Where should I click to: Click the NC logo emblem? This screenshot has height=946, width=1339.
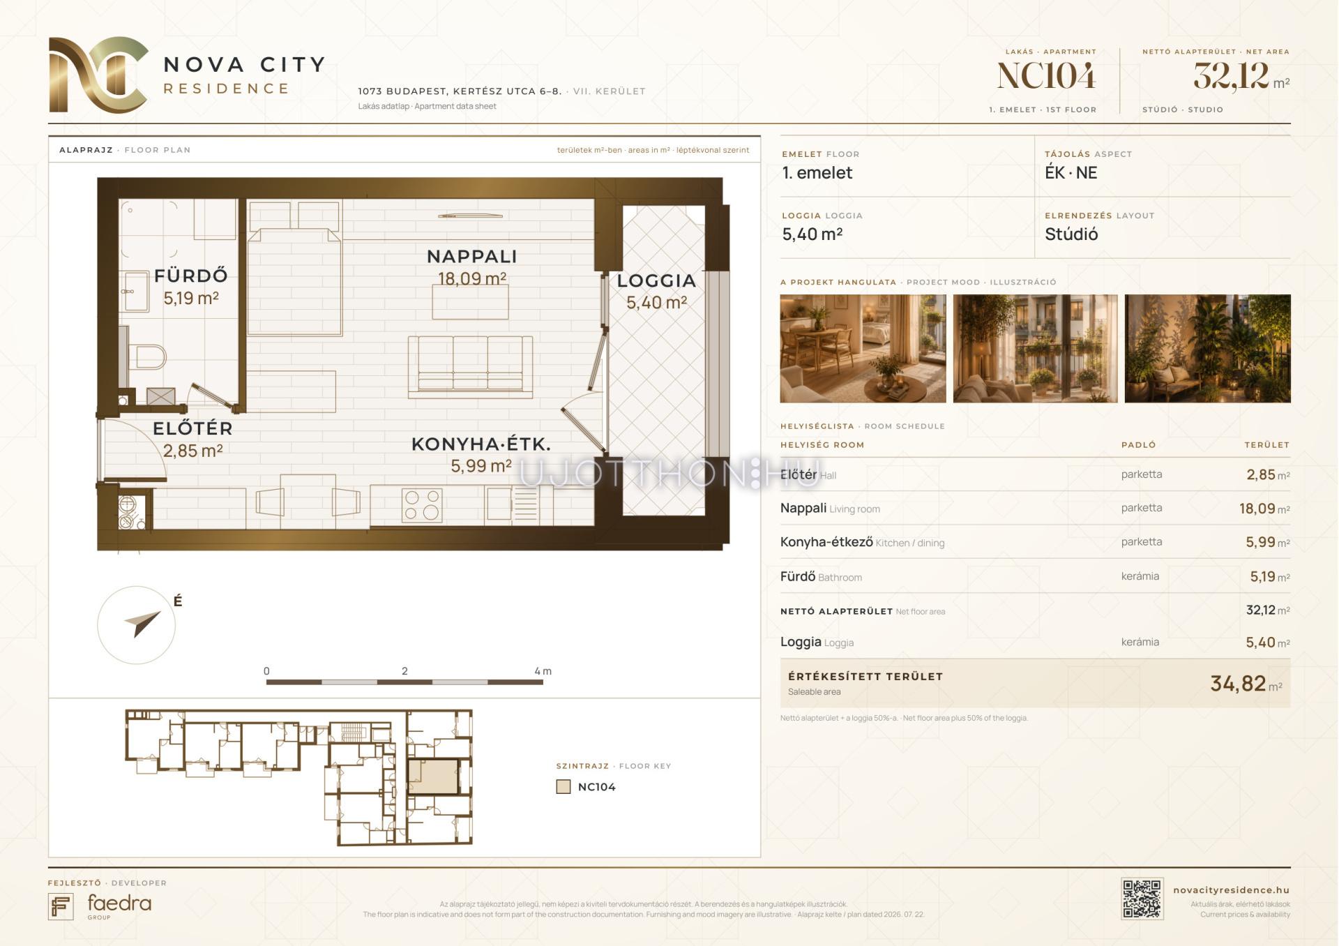tap(98, 75)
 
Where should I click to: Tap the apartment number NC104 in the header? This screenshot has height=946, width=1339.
tap(1046, 76)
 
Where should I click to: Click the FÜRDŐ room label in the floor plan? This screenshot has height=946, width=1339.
tap(191, 276)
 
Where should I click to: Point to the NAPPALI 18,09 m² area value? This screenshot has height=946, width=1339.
tap(472, 278)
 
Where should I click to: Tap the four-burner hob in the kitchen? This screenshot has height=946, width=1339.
tap(422, 506)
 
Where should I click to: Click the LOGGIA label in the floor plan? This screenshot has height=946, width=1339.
tap(656, 280)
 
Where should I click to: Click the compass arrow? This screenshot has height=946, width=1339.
tap(142, 622)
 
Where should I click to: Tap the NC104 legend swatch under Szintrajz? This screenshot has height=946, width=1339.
tap(563, 787)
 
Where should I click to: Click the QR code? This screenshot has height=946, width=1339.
tap(1142, 899)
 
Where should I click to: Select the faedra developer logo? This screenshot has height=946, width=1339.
tap(100, 906)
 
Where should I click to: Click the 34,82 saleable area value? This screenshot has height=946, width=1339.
tap(1238, 684)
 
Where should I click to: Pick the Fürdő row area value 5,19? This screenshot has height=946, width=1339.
tap(1262, 577)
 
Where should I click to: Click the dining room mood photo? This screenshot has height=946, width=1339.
tap(863, 349)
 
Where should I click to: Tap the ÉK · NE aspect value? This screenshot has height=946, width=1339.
tap(1071, 173)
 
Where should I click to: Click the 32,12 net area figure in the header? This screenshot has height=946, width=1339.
tap(1231, 76)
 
